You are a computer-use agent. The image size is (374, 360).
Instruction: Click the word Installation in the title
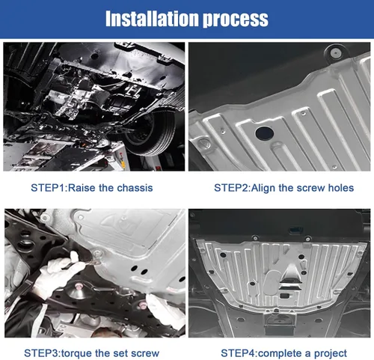pyautogui.click(x=152, y=19)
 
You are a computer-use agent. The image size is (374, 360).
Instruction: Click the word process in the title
pyautogui.click(x=236, y=20)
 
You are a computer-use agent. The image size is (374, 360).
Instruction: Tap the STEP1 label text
pyautogui.click(x=48, y=188)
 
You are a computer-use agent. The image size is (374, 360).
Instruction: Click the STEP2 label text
pyautogui.click(x=231, y=188)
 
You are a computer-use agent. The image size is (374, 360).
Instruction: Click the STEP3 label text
pyautogui.click(x=41, y=353)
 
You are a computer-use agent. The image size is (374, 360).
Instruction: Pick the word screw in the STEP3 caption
pyautogui.click(x=145, y=354)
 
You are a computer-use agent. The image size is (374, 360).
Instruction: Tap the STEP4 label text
pyautogui.click(x=238, y=353)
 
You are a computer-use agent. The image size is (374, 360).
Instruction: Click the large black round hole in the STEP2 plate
pyautogui.click(x=265, y=133)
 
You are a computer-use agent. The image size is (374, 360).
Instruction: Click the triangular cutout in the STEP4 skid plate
pyautogui.click(x=290, y=274)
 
